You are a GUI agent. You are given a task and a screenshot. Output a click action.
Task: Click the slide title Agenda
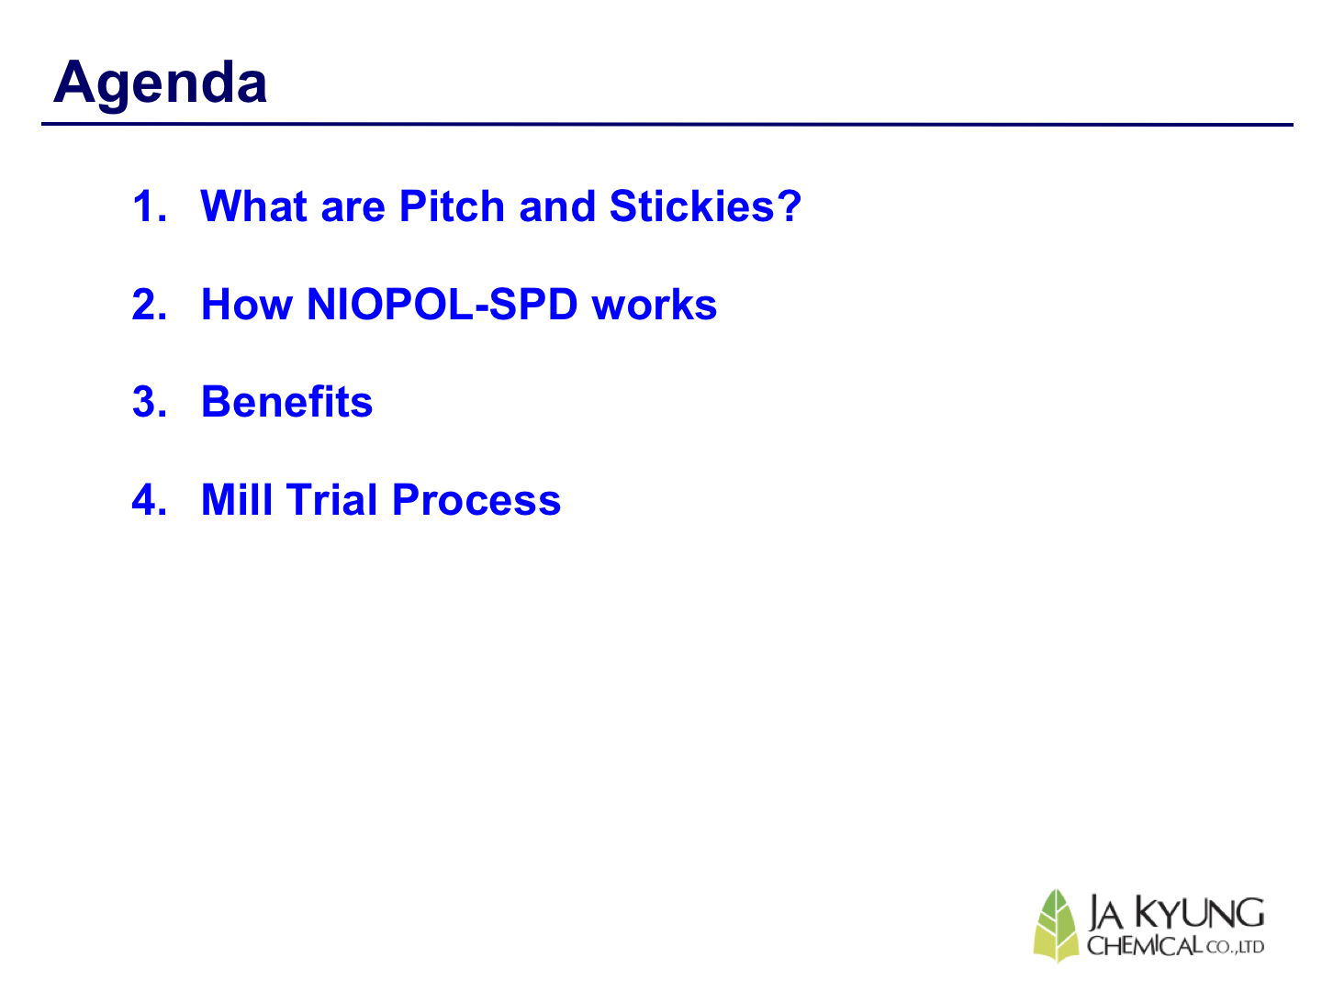(x=160, y=84)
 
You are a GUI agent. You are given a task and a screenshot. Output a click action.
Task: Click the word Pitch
(x=452, y=206)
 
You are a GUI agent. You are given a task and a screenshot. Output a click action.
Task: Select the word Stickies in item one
(x=690, y=206)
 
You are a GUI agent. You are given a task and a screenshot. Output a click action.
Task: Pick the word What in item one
(x=253, y=206)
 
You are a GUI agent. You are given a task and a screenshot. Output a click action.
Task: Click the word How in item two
(x=246, y=304)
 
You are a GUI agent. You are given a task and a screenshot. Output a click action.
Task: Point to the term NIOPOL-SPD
(x=443, y=304)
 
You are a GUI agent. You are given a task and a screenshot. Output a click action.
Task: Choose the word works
(x=654, y=305)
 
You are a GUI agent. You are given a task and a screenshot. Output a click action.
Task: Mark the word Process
(x=476, y=500)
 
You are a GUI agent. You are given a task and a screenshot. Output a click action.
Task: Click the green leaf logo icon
(x=1055, y=926)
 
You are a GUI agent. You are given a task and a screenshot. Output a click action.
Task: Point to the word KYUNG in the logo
(x=1199, y=913)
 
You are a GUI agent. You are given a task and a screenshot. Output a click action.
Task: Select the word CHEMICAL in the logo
(x=1144, y=946)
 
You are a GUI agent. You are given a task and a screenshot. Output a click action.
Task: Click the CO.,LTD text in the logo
(x=1234, y=948)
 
